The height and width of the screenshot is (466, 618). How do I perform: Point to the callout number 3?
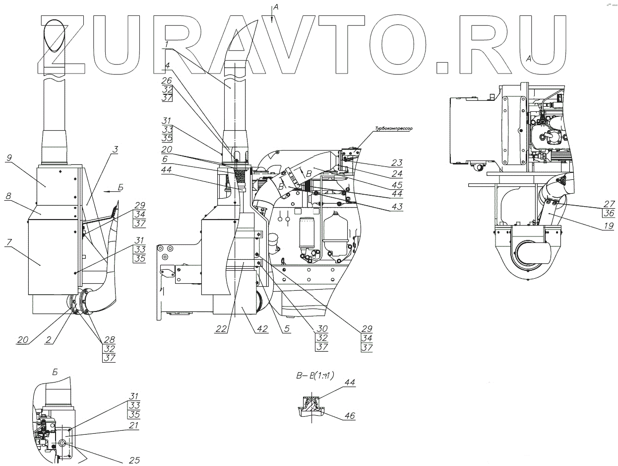click(115, 149)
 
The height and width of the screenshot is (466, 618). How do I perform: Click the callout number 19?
click(609, 224)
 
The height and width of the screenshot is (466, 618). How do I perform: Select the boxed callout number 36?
click(609, 213)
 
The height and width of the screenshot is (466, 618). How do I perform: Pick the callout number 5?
click(287, 328)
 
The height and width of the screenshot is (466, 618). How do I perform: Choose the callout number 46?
click(350, 415)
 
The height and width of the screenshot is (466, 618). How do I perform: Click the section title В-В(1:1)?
click(314, 376)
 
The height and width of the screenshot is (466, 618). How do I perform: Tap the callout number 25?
click(134, 461)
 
